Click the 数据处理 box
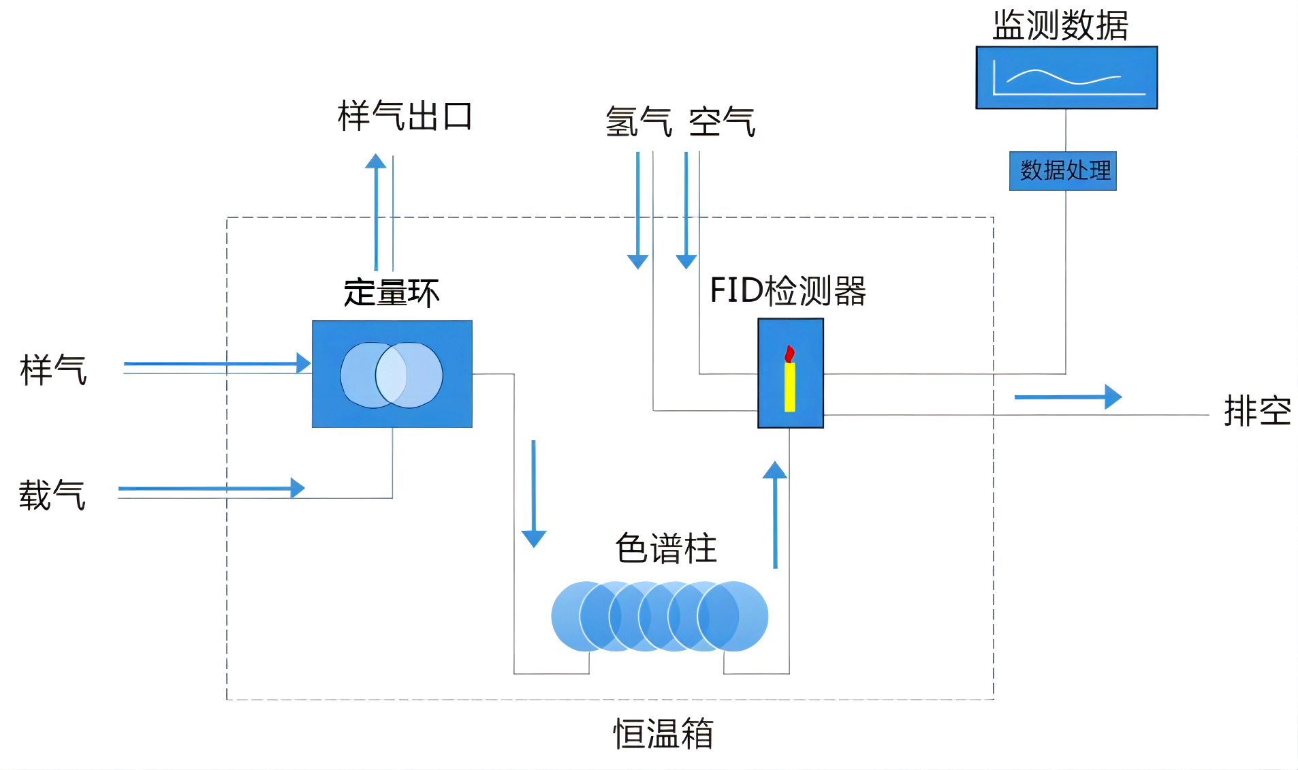click(x=1062, y=170)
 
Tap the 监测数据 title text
click(x=1060, y=26)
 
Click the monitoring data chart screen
click(x=1066, y=78)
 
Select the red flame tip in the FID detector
click(x=789, y=353)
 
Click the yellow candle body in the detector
click(x=789, y=387)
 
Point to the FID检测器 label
click(x=787, y=291)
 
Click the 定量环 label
click(x=392, y=293)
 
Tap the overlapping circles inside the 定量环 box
click(x=392, y=375)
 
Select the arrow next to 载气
click(x=211, y=488)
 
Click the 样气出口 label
click(x=405, y=116)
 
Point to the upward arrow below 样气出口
click(x=376, y=211)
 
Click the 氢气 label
click(x=638, y=122)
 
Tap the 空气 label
click(x=722, y=122)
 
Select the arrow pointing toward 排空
click(x=1068, y=397)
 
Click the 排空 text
click(x=1257, y=411)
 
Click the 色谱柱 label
click(x=666, y=549)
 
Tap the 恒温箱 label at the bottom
click(x=663, y=734)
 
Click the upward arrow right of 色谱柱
click(x=775, y=514)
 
